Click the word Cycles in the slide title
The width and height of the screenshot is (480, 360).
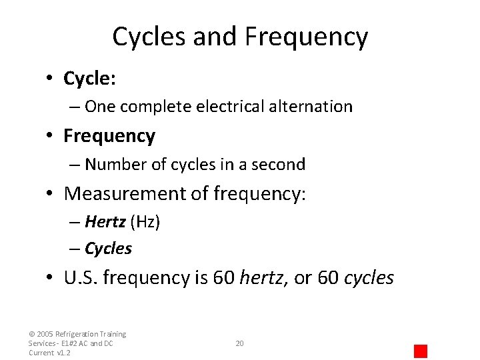(x=149, y=37)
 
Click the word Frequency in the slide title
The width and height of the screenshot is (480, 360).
(x=306, y=37)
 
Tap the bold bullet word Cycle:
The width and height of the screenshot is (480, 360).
(x=90, y=79)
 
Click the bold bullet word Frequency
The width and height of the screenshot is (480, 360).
(x=109, y=136)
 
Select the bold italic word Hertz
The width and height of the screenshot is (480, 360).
(x=105, y=223)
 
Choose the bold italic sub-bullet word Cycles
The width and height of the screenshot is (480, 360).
(x=108, y=249)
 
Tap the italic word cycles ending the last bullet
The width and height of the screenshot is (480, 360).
(x=369, y=278)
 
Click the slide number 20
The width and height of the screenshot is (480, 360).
(x=240, y=343)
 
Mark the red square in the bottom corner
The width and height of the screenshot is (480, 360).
(x=420, y=351)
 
